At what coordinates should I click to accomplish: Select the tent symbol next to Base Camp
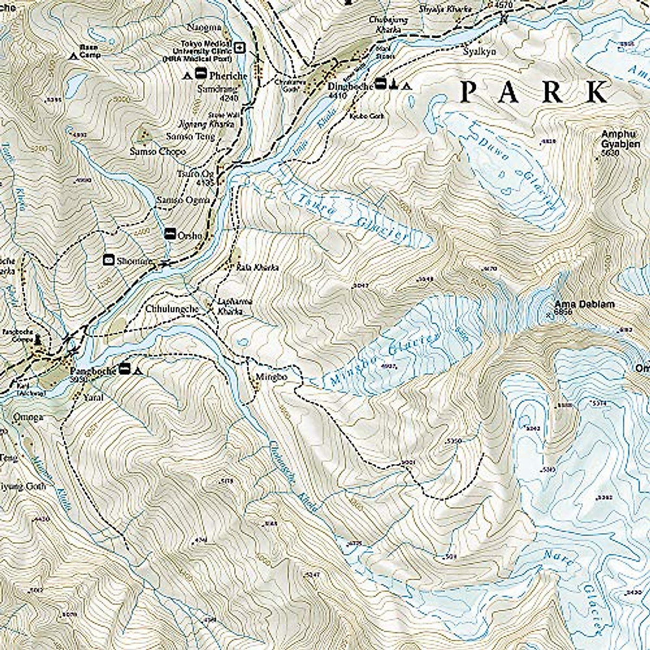click(74, 55)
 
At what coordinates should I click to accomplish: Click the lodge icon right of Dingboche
click(381, 84)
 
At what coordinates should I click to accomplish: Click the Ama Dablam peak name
click(584, 305)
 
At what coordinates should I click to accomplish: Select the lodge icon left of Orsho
click(170, 233)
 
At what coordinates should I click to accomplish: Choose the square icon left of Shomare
click(108, 260)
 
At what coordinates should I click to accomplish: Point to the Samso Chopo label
click(157, 151)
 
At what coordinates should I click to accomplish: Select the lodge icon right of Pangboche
click(125, 370)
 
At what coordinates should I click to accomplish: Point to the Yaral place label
click(94, 397)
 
